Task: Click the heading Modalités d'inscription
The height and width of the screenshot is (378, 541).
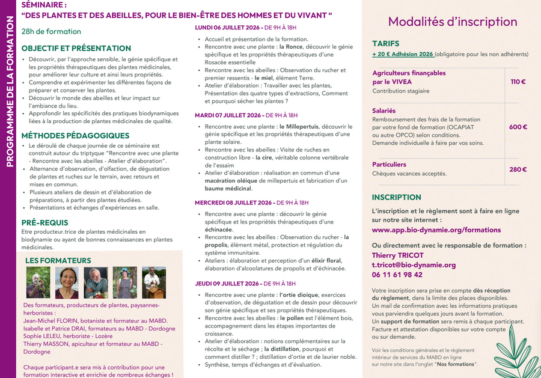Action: click(x=452, y=22)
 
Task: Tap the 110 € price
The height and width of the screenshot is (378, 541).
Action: click(x=518, y=82)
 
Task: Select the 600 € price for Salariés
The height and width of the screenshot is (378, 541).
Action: click(x=518, y=127)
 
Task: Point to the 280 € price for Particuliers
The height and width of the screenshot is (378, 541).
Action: click(x=518, y=169)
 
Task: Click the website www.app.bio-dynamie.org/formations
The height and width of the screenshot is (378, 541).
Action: click(x=428, y=230)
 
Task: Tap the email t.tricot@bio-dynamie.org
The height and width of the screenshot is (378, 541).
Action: click(x=414, y=264)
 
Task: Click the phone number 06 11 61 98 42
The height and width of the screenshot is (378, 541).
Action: click(x=397, y=275)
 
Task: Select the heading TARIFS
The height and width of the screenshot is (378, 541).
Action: click(x=385, y=44)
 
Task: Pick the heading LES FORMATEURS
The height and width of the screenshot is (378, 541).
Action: click(x=58, y=261)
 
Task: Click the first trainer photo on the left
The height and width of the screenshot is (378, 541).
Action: click(x=38, y=282)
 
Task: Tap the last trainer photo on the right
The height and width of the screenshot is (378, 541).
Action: click(x=154, y=282)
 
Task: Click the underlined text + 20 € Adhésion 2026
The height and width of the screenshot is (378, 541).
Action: click(x=403, y=54)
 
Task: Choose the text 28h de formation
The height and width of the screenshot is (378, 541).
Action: click(x=51, y=31)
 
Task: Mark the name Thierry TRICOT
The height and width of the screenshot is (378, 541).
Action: click(x=397, y=255)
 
